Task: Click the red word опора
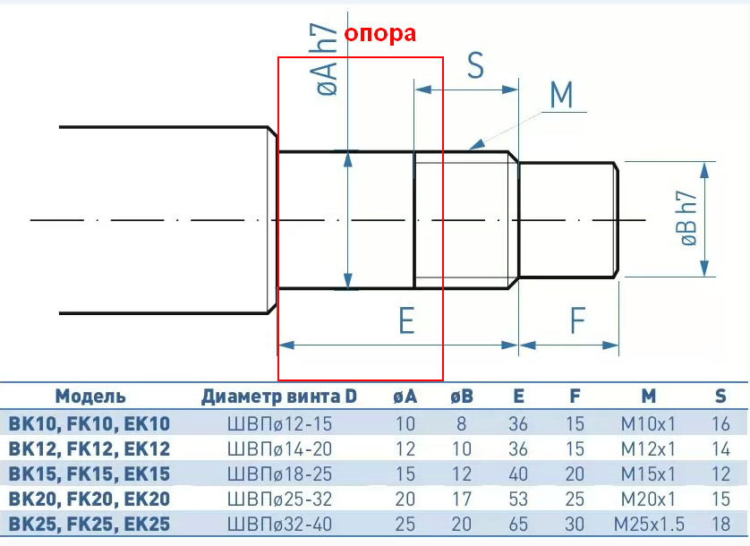[379, 34]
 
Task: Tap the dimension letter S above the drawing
[475, 65]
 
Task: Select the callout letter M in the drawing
[561, 94]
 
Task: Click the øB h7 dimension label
[688, 218]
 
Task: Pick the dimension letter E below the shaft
[406, 320]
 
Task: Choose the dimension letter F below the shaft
[578, 320]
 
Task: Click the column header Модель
[90, 397]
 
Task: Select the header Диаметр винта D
[279, 397]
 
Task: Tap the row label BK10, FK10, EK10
[89, 424]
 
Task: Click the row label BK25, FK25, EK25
[89, 524]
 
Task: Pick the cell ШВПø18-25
[279, 473]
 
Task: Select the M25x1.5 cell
[649, 524]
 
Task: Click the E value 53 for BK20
[518, 499]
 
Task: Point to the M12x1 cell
[648, 448]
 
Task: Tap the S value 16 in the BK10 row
[720, 424]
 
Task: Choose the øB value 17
[462, 499]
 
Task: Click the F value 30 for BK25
[575, 524]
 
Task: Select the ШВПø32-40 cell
[279, 524]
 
